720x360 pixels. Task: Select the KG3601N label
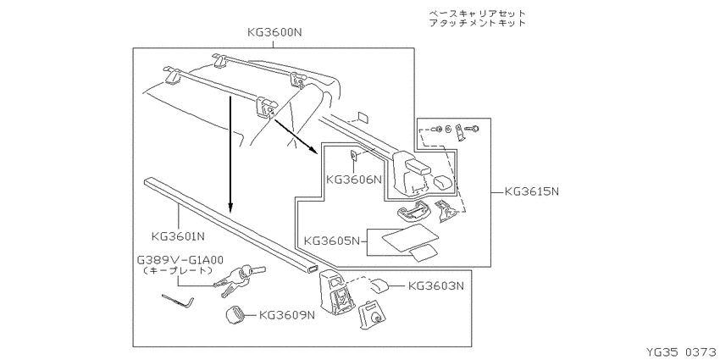pyautogui.click(x=178, y=237)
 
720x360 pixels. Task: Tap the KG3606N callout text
pyautogui.click(x=354, y=179)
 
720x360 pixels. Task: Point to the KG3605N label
pyautogui.click(x=332, y=241)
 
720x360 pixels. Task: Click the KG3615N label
pyautogui.click(x=531, y=191)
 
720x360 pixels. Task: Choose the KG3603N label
pyautogui.click(x=436, y=285)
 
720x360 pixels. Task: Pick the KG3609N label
pyautogui.click(x=287, y=315)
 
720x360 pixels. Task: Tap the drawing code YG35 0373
pyautogui.click(x=682, y=352)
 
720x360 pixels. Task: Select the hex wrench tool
pyautogui.click(x=178, y=302)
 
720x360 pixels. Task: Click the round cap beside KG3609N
pyautogui.click(x=235, y=315)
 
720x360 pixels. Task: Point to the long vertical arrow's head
pyautogui.click(x=230, y=210)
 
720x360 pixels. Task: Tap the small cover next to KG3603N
pyautogui.click(x=379, y=285)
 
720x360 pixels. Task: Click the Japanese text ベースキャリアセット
pyautogui.click(x=477, y=14)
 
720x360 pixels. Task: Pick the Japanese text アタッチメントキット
pyautogui.click(x=477, y=23)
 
